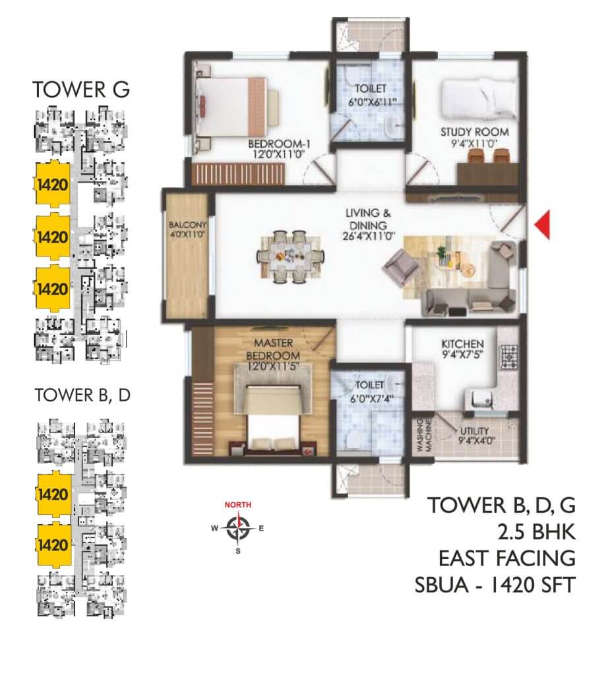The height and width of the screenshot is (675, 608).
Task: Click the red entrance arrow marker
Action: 542,222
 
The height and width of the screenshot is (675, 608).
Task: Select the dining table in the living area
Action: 291,256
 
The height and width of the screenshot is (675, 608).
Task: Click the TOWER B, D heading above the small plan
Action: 82,395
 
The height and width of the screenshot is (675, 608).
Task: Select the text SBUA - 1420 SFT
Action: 495,585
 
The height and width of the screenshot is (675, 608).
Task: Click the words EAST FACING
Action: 507,558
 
